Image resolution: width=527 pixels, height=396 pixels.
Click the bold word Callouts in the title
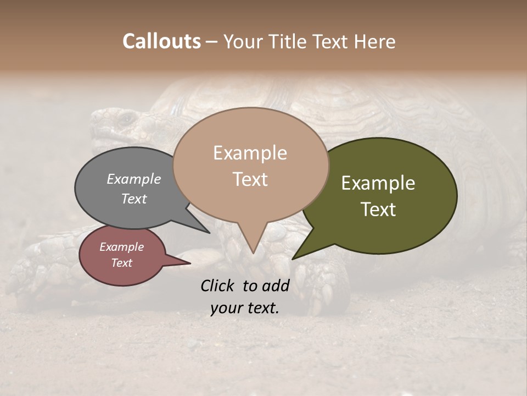(161, 41)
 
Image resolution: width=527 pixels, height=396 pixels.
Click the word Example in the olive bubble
(378, 184)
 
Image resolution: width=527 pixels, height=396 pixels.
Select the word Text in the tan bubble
(250, 179)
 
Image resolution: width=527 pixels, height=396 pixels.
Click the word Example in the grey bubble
(134, 179)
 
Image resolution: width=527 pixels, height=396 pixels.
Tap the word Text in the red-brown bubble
(122, 263)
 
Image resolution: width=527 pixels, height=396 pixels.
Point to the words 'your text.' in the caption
(245, 308)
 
